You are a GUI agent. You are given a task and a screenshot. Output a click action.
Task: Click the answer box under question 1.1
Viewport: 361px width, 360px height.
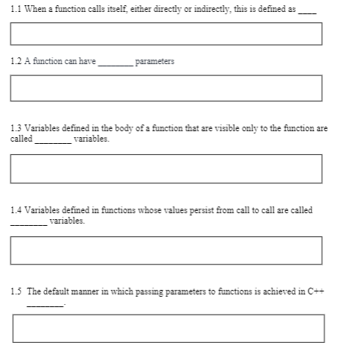(x=166, y=34)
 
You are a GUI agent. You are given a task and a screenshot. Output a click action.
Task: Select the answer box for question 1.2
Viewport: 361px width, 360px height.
(x=166, y=88)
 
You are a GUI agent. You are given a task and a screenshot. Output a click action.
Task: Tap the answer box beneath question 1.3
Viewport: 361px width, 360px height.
(x=166, y=168)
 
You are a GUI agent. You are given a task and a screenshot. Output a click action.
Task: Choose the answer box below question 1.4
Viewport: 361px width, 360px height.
(x=166, y=250)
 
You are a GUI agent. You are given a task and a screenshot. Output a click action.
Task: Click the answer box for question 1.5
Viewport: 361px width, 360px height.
(x=168, y=328)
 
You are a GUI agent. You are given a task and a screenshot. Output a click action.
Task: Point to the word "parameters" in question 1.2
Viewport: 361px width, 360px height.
(x=155, y=62)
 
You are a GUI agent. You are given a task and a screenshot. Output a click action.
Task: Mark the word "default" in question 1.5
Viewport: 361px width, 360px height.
(x=58, y=291)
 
